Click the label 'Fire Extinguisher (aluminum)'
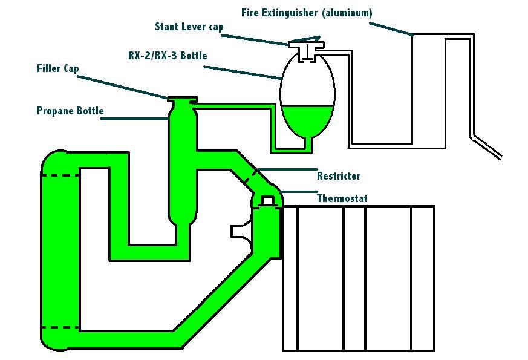point(307,13)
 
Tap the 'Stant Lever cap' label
point(189,27)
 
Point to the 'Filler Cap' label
point(58,68)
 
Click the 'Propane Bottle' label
point(70,111)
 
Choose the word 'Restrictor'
point(338,176)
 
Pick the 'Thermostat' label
point(342,198)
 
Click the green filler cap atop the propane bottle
point(183,101)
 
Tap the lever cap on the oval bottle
point(307,44)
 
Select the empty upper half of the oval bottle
point(307,82)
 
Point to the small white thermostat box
point(267,200)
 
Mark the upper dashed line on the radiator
point(60,175)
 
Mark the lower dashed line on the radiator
point(60,328)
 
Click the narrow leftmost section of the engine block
point(290,278)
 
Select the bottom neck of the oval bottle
point(307,143)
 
